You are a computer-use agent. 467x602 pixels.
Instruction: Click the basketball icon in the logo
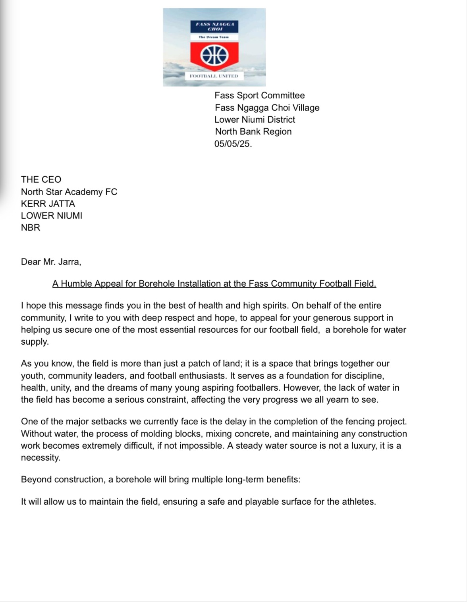coord(214,56)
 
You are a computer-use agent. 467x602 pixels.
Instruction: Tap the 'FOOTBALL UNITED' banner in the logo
coord(214,76)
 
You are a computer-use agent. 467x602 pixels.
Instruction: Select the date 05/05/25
coord(232,144)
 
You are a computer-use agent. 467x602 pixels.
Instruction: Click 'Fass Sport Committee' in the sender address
coord(260,95)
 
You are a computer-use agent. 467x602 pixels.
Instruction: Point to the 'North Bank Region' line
coord(253,131)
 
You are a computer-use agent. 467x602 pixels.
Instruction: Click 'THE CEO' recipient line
coord(41,179)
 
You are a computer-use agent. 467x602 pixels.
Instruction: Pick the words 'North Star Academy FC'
coord(69,192)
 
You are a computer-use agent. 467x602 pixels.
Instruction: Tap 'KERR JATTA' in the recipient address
coord(48,204)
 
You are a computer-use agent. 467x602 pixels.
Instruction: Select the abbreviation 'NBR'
coord(31,228)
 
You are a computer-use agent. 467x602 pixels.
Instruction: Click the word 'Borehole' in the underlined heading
coord(157,284)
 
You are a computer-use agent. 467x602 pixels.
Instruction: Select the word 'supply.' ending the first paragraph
coord(35,342)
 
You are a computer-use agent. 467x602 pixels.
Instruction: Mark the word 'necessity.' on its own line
coord(41,458)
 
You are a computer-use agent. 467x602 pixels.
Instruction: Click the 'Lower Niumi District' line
coord(255,120)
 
